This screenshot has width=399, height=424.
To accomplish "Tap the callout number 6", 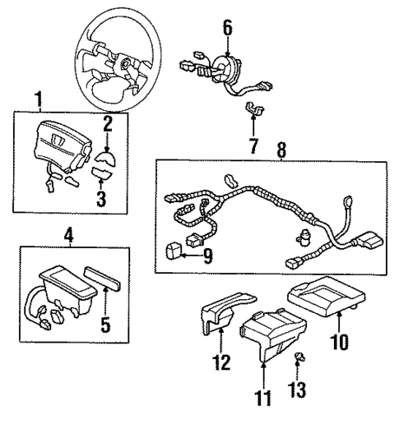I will tap(228, 29).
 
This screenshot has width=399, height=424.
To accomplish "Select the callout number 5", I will tap(104, 324).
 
